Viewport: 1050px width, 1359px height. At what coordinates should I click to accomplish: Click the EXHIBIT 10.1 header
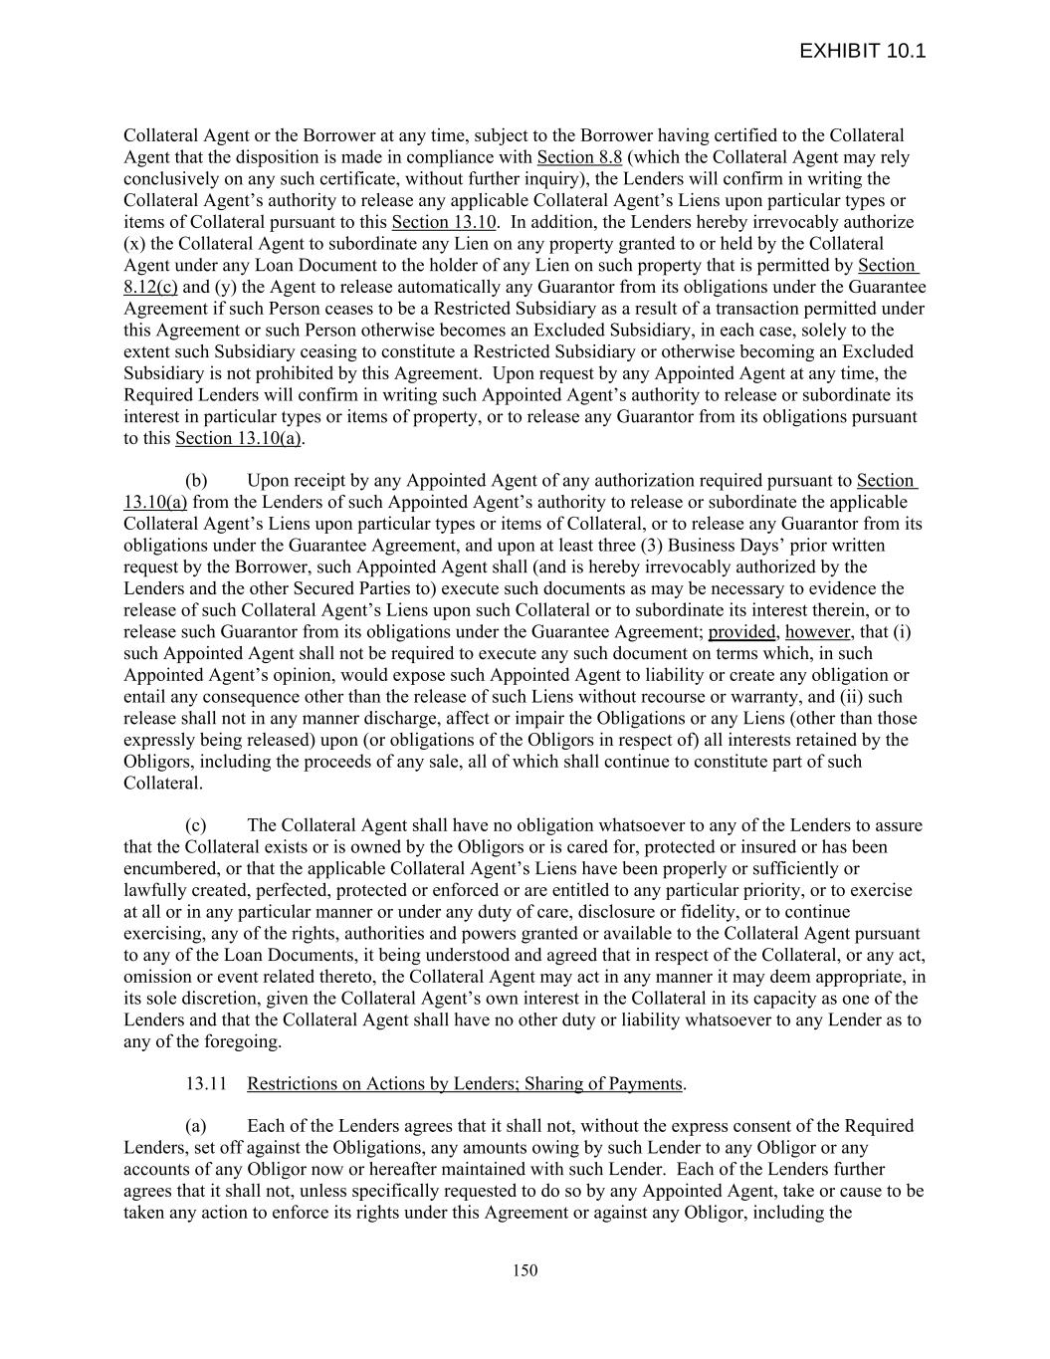(862, 51)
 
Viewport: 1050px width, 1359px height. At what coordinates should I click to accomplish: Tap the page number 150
(525, 1269)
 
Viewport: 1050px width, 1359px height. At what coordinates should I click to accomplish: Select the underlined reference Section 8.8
(579, 157)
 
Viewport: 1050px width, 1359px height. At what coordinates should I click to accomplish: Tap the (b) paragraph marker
(196, 481)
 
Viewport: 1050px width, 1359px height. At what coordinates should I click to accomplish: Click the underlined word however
(818, 632)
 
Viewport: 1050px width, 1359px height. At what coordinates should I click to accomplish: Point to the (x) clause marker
(134, 244)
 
